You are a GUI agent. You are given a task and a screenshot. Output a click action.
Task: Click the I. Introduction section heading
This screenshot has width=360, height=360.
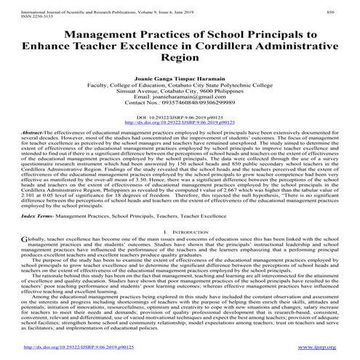(x=179, y=230)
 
